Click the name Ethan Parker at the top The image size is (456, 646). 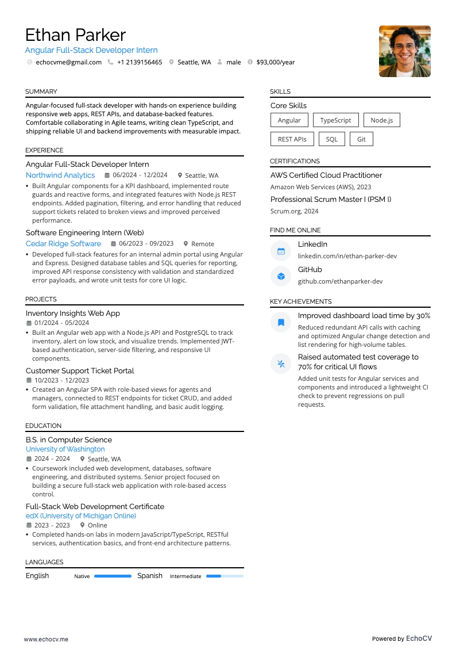tap(75, 35)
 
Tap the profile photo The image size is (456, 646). tap(404, 51)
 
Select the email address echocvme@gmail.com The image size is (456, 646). tap(68, 62)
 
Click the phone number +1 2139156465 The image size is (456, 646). tap(140, 62)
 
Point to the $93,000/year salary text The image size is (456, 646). tap(275, 62)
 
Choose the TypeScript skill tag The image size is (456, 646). tap(335, 120)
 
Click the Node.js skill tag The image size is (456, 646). tap(381, 120)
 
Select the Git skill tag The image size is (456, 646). tap(361, 139)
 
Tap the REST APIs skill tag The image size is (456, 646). tap(292, 139)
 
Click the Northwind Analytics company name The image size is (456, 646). tap(60, 175)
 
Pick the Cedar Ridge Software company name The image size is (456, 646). tap(63, 244)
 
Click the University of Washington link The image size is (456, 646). tap(65, 449)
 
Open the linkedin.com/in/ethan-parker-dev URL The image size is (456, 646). tap(347, 256)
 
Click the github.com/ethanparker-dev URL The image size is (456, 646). tap(340, 281)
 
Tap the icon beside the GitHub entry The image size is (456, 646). tap(281, 276)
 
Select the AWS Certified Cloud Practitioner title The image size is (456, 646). tap(326, 175)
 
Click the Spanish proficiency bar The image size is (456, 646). tap(225, 576)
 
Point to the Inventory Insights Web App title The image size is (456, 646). tap(73, 314)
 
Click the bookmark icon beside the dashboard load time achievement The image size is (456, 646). tap(281, 322)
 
